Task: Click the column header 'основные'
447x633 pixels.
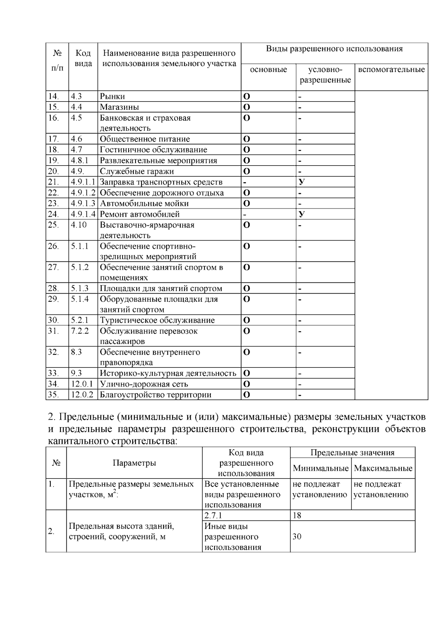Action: coord(268,70)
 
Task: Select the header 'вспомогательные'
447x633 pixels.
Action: coord(391,70)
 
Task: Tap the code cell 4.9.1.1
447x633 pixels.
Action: coord(83,182)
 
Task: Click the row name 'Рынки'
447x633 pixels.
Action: coord(112,96)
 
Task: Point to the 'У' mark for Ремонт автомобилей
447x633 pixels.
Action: coord(302,214)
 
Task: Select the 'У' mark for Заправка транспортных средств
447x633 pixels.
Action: coord(302,182)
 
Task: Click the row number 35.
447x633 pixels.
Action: coord(53,395)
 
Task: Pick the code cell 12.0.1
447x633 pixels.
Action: coord(82,384)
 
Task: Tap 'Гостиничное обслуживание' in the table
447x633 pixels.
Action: coord(153,150)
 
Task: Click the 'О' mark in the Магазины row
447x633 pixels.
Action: coord(247,107)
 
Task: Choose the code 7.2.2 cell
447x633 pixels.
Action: coord(80,331)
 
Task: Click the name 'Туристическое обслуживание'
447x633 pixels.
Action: coord(157,320)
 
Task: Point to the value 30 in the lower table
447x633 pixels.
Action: coord(297,537)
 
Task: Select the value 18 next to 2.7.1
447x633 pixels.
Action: coord(297,516)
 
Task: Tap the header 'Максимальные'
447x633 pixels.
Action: coord(383,468)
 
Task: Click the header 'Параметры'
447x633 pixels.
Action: coord(134,463)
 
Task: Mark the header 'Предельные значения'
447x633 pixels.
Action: coord(352,452)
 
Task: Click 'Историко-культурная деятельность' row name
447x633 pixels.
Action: coord(168,373)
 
